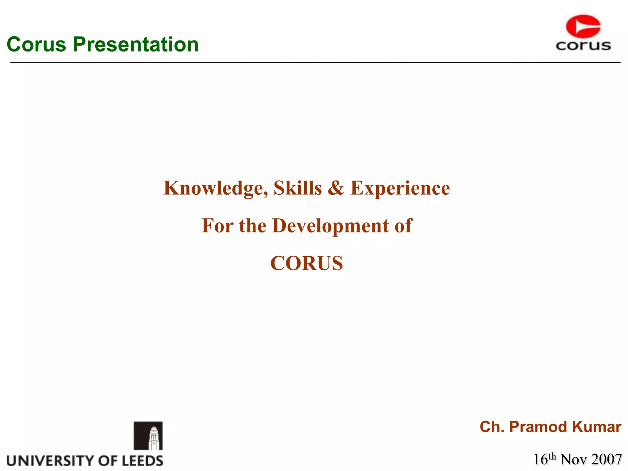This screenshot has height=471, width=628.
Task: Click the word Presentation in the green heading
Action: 136,44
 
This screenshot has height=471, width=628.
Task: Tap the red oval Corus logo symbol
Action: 583,26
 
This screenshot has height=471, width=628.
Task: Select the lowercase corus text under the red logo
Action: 583,46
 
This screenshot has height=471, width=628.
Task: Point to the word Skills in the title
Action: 297,188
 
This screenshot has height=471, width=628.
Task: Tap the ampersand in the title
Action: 336,188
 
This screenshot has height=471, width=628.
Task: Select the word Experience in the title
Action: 400,188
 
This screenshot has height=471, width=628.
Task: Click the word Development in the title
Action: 330,226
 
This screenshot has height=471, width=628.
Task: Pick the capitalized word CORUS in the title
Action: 306,263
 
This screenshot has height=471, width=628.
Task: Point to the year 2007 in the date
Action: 606,459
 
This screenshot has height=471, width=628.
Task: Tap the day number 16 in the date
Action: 541,459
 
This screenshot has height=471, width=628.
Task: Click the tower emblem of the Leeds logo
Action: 148,436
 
